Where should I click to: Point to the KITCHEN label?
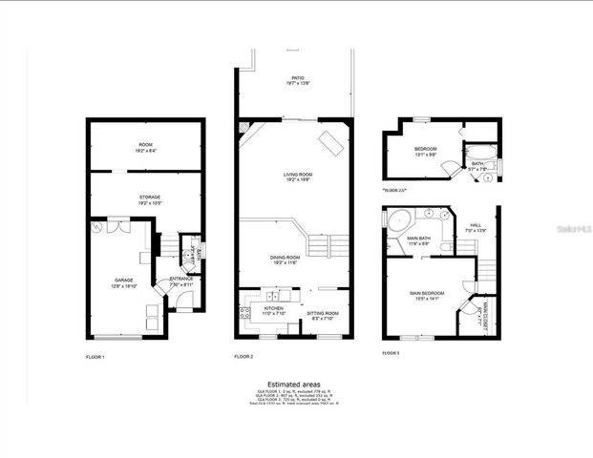tap(273, 308)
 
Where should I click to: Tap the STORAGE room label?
tap(150, 198)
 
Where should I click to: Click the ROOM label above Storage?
tap(145, 144)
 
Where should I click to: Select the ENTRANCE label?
tap(181, 279)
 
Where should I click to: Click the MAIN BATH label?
tap(419, 239)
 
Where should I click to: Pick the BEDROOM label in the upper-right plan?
tap(425, 149)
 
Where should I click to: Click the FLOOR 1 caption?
tap(95, 356)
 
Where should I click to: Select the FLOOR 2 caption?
tap(244, 356)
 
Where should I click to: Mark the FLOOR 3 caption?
tap(391, 353)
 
